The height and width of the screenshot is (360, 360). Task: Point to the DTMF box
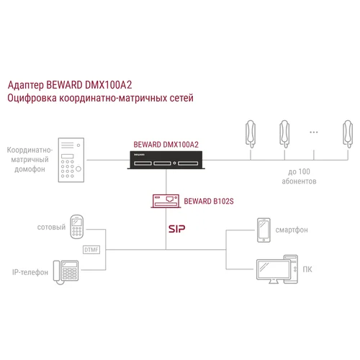point(91,250)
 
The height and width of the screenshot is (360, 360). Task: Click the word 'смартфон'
point(292,231)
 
